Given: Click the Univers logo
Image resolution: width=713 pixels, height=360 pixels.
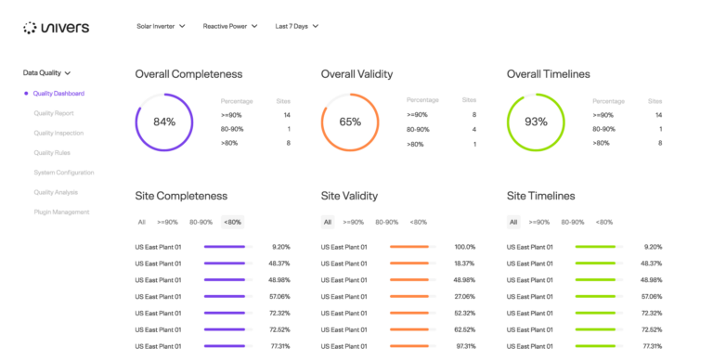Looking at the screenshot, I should tap(56, 28).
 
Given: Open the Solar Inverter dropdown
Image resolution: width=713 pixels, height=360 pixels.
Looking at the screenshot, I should tap(161, 26).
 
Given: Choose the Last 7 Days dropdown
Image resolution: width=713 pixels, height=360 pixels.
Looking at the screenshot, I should tap(297, 26).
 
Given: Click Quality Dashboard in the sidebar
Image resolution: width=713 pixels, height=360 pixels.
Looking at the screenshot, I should tap(58, 93).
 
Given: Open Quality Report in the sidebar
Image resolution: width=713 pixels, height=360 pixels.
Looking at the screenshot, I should tap(54, 113).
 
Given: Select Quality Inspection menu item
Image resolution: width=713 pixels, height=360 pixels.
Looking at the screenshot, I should tap(58, 133).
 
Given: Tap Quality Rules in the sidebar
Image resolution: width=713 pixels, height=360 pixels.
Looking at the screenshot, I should tap(52, 152).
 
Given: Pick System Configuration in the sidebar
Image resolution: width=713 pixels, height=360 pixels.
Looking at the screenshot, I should tap(64, 173).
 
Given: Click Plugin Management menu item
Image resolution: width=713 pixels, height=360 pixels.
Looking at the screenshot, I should tap(61, 212).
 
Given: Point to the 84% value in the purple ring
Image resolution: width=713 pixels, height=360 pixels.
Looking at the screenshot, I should tap(164, 122).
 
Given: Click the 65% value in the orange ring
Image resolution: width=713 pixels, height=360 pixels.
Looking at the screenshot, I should tap(350, 122).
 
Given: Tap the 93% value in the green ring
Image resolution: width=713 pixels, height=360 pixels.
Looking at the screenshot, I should tap(536, 122).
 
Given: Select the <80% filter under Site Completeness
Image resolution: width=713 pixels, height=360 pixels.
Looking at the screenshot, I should tap(232, 222).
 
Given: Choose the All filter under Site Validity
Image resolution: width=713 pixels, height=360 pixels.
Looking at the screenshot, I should tap(328, 222).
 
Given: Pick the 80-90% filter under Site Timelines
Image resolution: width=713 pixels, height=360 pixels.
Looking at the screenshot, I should tap(573, 222).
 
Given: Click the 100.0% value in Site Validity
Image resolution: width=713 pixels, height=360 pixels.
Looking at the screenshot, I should tap(464, 247).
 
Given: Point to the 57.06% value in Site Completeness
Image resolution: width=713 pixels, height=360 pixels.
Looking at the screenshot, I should tap(279, 296).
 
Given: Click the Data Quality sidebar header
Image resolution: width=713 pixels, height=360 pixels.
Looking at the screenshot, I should tap(46, 71).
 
